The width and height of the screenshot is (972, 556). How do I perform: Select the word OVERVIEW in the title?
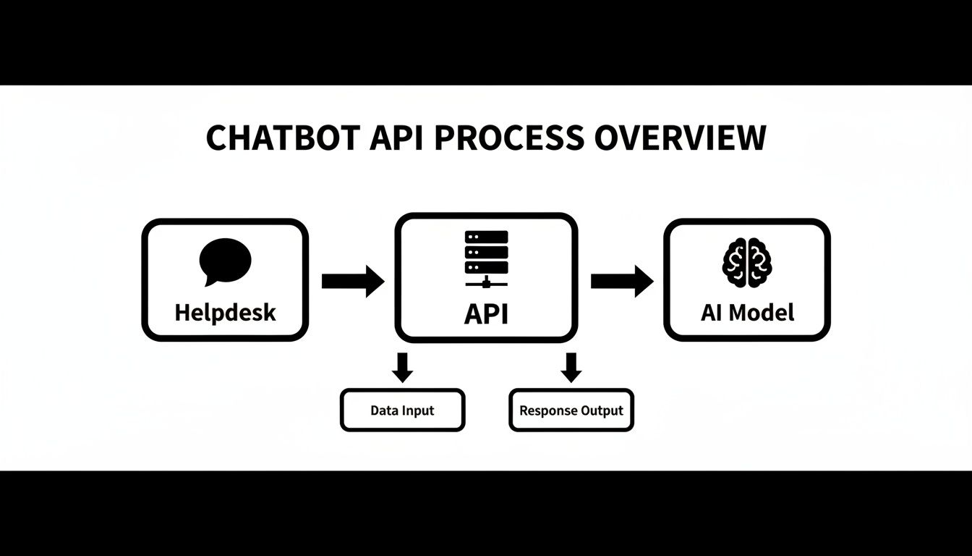[680, 138]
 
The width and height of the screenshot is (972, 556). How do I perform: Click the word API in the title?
[398, 138]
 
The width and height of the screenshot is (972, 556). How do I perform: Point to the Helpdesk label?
[225, 313]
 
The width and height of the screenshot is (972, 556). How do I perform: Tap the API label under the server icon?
[486, 314]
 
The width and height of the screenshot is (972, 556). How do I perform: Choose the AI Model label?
[747, 313]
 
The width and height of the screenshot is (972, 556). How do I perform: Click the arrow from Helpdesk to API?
[352, 281]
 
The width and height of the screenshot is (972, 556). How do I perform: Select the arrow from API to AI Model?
[621, 281]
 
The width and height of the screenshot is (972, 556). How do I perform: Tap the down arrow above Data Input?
[402, 366]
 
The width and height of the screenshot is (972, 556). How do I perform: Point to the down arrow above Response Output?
[571, 366]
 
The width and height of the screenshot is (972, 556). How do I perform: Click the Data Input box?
[402, 410]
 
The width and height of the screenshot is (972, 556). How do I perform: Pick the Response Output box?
[571, 410]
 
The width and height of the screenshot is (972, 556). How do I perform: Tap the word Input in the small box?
[419, 410]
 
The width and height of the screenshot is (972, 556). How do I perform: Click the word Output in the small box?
[603, 411]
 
